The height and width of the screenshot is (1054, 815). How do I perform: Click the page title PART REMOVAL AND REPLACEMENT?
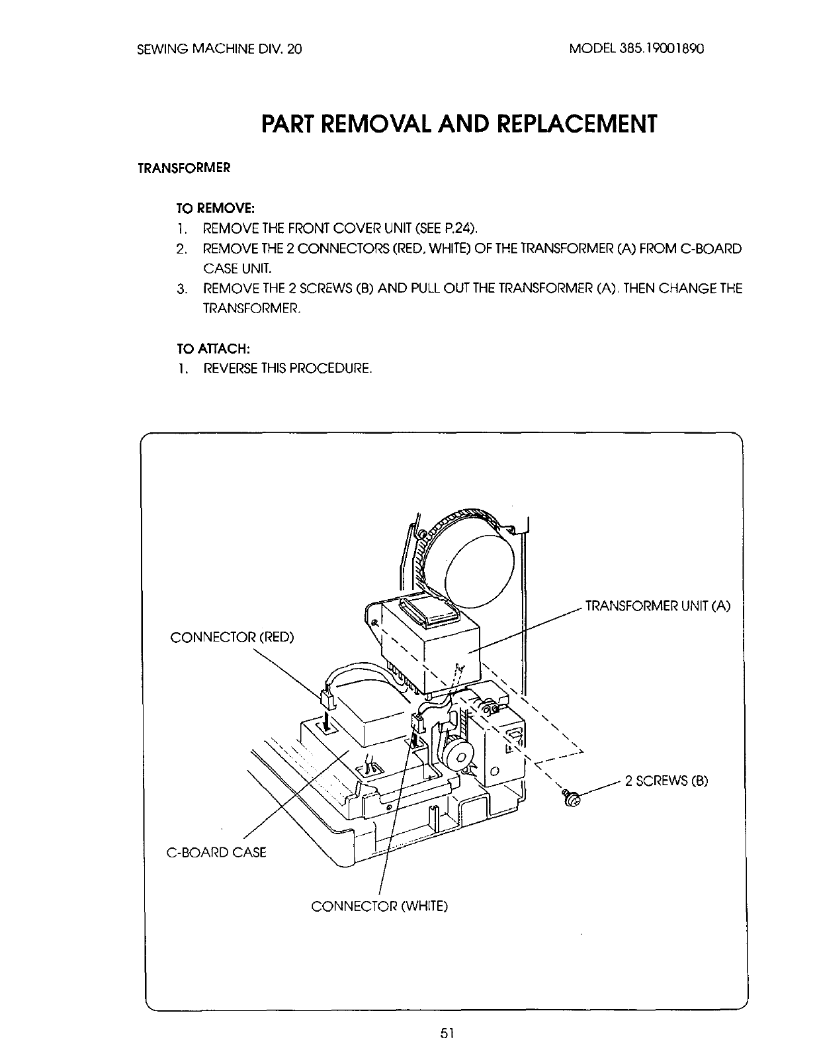tap(459, 123)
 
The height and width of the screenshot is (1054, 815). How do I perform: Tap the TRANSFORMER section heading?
tap(183, 168)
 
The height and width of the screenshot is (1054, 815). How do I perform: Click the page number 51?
tap(444, 1033)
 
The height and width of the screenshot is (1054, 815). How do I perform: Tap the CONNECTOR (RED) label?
tap(232, 638)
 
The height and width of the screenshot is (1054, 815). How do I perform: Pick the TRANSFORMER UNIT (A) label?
tap(658, 606)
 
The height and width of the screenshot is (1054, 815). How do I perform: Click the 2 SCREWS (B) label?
tap(666, 781)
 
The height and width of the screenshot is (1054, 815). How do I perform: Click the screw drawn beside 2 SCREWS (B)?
tap(571, 799)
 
